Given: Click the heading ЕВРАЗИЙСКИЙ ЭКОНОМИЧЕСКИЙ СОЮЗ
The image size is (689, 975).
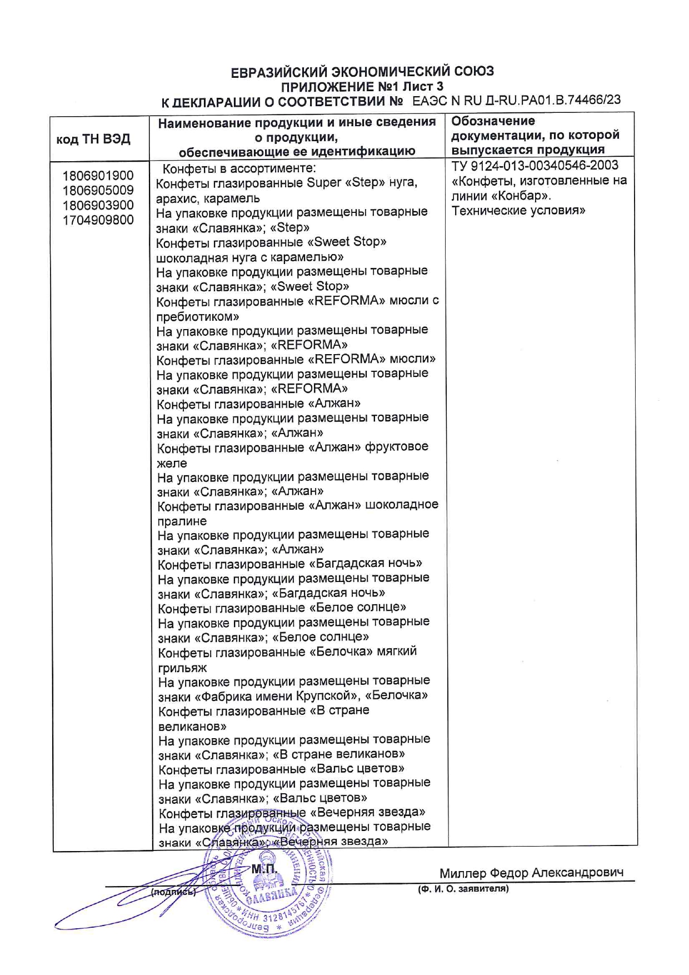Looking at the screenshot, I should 362,72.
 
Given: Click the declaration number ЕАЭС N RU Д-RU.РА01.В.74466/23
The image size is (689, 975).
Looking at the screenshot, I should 516,101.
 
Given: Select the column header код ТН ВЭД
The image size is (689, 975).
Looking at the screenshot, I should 93,139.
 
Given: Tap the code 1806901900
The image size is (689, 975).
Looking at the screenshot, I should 98,176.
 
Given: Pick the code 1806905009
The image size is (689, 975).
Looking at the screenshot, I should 98,191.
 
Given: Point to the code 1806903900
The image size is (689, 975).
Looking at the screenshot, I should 98,205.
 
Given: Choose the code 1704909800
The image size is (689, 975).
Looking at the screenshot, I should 98,220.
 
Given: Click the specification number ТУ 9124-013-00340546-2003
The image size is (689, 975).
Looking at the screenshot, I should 535,166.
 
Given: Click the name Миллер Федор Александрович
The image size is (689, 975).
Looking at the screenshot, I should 531,873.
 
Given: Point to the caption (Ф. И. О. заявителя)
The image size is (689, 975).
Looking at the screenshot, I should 463,889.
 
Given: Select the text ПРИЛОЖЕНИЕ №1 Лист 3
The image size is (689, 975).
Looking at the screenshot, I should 362,87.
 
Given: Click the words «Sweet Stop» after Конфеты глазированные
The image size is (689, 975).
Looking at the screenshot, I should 347,242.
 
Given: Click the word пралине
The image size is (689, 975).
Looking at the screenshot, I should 182,521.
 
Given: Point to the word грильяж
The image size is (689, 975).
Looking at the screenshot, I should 182,668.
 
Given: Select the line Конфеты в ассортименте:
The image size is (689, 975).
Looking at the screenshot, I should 239,168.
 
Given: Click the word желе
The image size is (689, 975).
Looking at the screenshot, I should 172,463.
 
